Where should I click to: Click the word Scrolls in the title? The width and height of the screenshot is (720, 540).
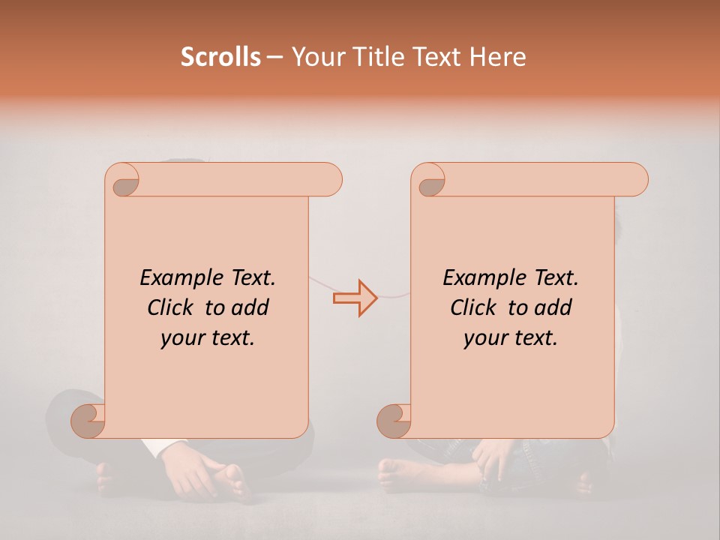point(220,57)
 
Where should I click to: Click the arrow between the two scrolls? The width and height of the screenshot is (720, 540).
point(355,298)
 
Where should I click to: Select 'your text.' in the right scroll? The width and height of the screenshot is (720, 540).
point(511,338)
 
